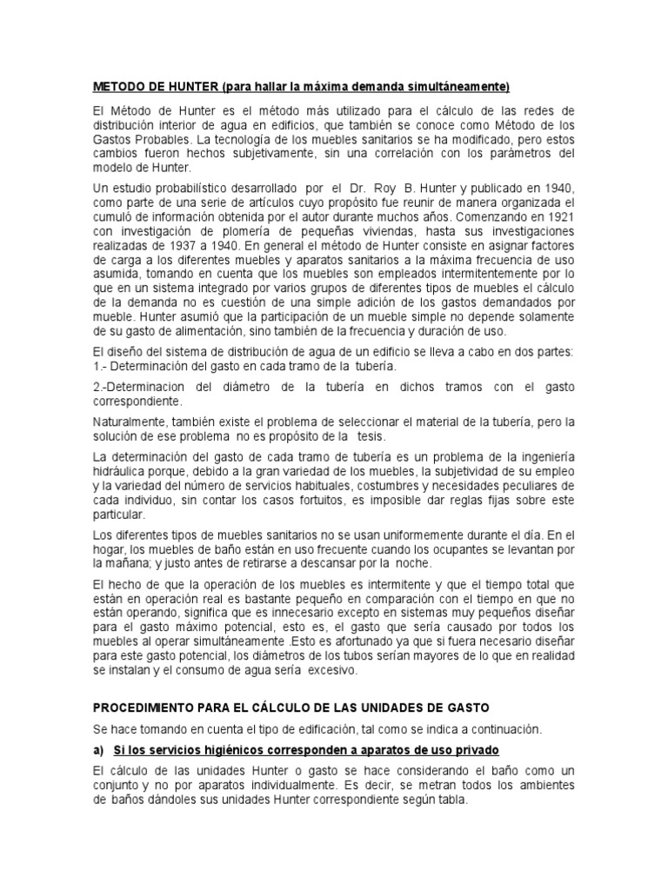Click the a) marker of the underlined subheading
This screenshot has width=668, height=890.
click(98, 751)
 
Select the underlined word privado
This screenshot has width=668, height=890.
click(477, 751)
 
